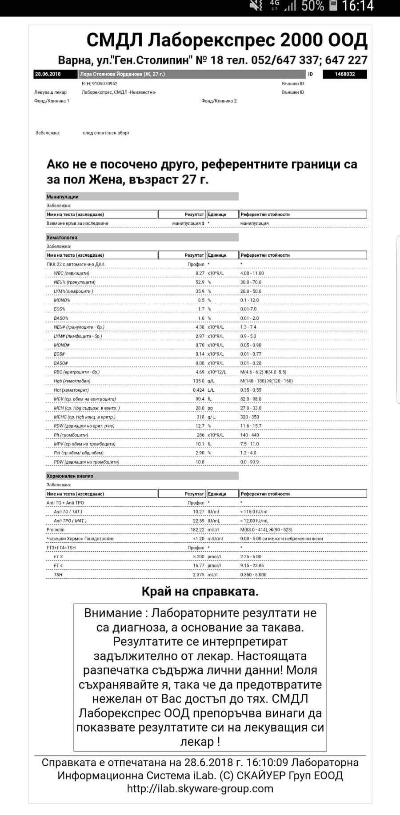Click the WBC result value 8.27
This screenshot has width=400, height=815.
[200, 274]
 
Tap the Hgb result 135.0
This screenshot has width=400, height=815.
[198, 381]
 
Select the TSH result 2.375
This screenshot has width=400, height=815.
[198, 575]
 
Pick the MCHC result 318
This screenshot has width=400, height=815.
[200, 417]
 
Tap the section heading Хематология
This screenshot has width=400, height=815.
[62, 238]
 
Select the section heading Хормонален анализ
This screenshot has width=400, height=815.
[70, 476]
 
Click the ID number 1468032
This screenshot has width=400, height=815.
[344, 74]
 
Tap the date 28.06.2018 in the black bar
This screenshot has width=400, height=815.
[48, 74]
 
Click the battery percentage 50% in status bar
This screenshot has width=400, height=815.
[312, 6]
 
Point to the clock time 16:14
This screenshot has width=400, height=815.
[358, 6]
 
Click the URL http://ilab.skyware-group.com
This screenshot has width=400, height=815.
[200, 788]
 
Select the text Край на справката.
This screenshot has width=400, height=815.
[200, 592]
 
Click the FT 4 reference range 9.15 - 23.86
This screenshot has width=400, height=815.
[252, 566]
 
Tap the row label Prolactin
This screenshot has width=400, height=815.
[56, 530]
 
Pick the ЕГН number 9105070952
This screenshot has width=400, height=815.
[100, 83]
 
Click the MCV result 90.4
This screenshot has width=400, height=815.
[200, 399]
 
